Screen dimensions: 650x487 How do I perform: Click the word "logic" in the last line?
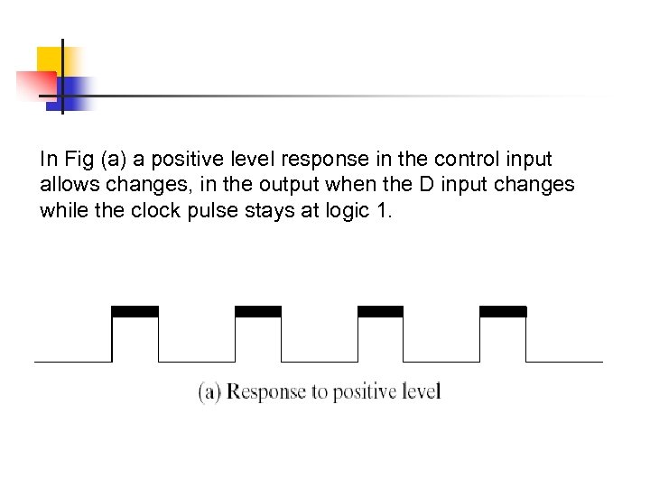pos(342,212)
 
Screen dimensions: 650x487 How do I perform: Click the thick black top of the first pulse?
pos(135,311)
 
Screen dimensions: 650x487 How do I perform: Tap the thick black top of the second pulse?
pos(257,311)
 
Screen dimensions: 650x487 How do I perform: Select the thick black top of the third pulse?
pos(380,311)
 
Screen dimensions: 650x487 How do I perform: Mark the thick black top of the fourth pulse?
pos(502,311)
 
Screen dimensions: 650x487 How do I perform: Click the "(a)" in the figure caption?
pos(209,393)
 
